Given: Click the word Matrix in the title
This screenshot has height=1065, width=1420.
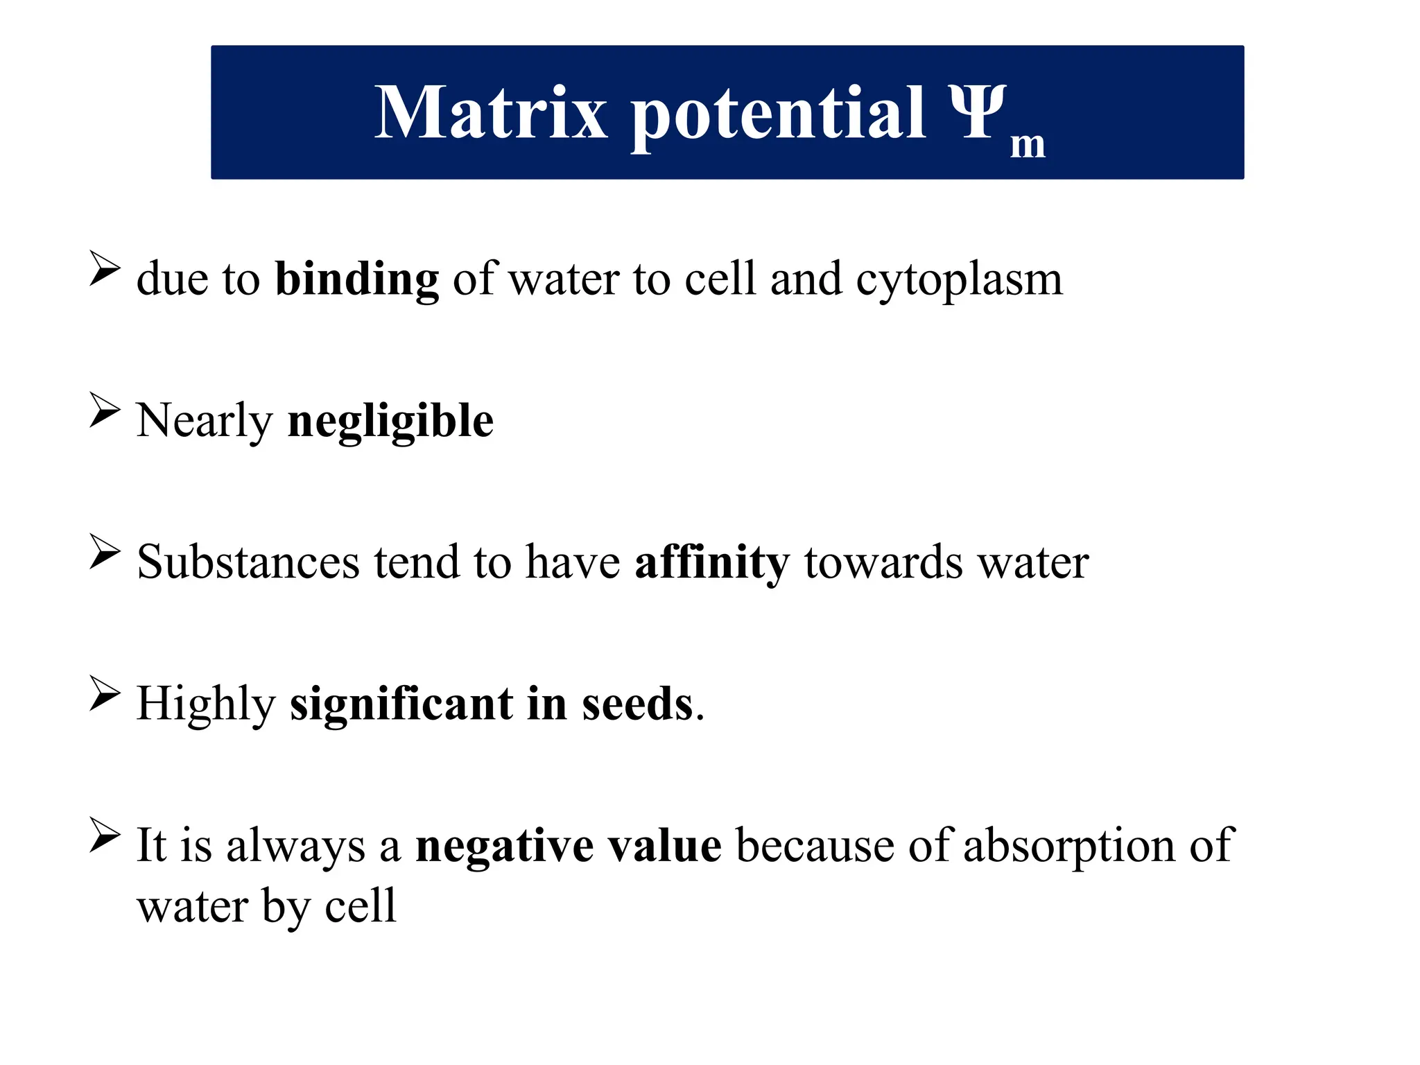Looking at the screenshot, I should click(x=490, y=113).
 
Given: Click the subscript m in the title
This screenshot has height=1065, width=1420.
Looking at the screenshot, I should click(x=1027, y=145).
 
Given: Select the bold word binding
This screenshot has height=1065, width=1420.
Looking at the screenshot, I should click(x=357, y=279).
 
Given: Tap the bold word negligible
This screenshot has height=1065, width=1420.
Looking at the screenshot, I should click(x=390, y=422).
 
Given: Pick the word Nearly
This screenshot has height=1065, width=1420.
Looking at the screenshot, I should click(x=205, y=422).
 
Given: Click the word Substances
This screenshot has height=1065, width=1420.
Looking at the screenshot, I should click(x=248, y=562).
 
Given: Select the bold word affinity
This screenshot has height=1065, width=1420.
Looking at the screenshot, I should click(x=712, y=562).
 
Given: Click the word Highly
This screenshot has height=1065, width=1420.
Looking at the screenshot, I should click(x=206, y=704).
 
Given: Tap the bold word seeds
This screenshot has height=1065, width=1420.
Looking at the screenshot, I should click(x=637, y=704).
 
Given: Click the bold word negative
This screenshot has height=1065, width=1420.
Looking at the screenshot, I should click(x=504, y=846).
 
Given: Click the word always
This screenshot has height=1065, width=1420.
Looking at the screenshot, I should click(x=295, y=846).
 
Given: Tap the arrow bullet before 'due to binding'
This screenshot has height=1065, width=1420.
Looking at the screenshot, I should click(x=105, y=269).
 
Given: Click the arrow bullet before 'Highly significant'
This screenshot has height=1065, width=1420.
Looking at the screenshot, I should click(x=105, y=694).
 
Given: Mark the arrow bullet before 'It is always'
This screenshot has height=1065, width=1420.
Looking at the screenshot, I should click(x=105, y=835).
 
